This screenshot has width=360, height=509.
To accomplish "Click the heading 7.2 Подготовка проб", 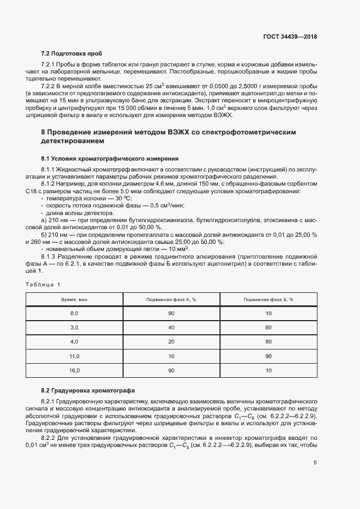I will tap(71, 53).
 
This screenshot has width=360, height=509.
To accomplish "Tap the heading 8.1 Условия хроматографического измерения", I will tap(109, 158).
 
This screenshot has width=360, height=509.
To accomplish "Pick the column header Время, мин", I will tap(75, 299).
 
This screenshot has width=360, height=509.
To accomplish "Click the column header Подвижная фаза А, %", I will tap(172, 299).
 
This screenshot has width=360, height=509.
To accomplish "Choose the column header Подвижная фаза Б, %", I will tap(269, 299).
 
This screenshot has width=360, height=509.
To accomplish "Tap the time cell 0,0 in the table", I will tap(75, 314).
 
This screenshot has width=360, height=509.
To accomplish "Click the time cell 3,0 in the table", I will tap(75, 328).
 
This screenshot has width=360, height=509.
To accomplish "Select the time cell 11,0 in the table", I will tap(75, 356).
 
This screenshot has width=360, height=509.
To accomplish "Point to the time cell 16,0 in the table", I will tap(75, 370).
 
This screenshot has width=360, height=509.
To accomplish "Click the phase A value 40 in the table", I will tap(172, 328).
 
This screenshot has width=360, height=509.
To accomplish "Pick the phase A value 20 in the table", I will tap(172, 342).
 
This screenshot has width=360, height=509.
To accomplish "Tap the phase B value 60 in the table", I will tap(269, 328).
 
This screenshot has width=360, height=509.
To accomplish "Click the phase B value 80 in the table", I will tap(269, 342).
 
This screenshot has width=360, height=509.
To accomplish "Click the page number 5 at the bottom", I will tap(315, 463).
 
